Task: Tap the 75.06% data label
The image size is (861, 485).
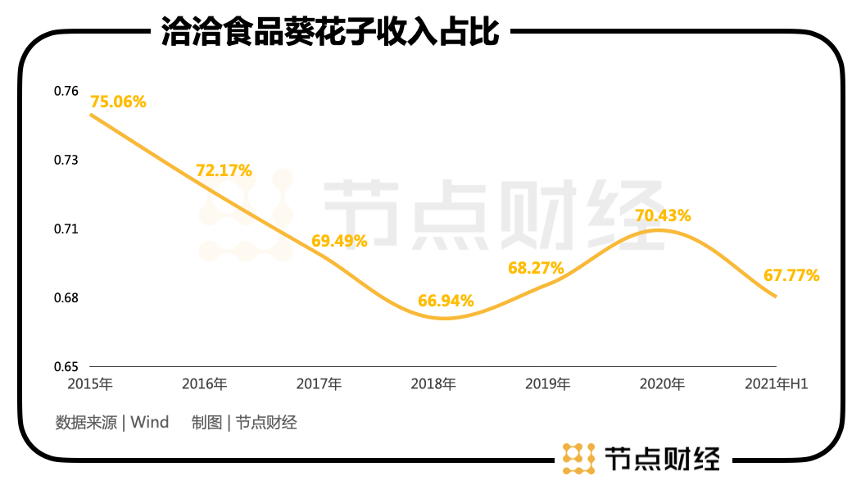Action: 118,102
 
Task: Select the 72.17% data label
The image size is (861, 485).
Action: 224,171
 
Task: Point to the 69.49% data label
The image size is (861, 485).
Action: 339,241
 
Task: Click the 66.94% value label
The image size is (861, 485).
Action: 446,301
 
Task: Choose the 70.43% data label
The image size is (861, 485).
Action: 663,216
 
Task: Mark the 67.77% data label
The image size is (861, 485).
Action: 791,275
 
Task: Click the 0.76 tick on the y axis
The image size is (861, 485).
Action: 67,91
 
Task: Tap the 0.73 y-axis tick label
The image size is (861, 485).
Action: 67,160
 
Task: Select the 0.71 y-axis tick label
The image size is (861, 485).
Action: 67,229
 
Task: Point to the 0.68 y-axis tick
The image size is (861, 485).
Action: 67,297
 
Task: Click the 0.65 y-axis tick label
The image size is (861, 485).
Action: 67,366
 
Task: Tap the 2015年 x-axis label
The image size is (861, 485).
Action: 90,383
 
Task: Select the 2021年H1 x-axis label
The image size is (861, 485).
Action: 776,383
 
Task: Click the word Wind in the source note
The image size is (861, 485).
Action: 150,423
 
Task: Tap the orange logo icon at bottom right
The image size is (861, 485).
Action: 578,458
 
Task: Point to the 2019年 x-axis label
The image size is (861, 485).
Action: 547,383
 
